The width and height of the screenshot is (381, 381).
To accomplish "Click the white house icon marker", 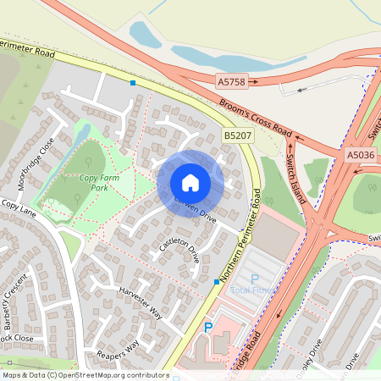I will (x=190, y=183).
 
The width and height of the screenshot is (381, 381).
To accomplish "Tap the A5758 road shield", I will (x=230, y=81).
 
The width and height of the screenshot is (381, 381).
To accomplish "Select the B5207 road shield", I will (x=238, y=135).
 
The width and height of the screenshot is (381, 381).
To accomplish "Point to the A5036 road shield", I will (x=360, y=155).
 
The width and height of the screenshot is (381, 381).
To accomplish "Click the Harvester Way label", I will (x=140, y=301).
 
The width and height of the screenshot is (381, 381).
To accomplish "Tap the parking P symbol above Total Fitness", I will (x=254, y=278).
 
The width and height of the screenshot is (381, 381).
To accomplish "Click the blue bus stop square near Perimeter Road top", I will (x=132, y=83).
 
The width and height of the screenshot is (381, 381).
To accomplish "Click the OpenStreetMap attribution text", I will (x=85, y=374).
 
